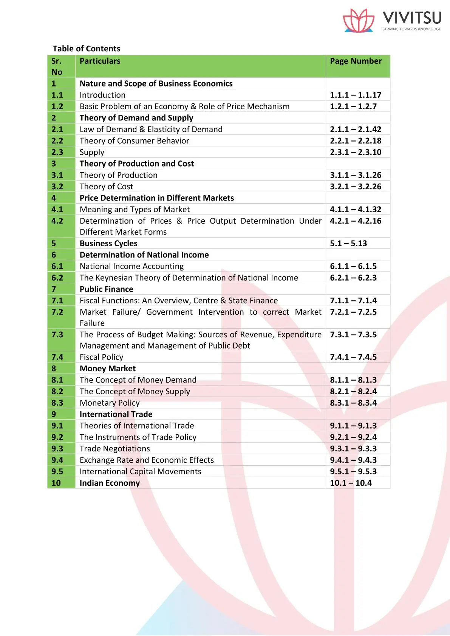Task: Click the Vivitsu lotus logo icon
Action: (x=358, y=20)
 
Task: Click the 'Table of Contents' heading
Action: (x=87, y=49)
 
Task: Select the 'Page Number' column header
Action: (x=356, y=61)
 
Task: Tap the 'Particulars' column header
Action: (x=100, y=61)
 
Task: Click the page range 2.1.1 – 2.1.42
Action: (x=356, y=130)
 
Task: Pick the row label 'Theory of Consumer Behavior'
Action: (x=134, y=141)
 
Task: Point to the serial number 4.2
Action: (x=57, y=221)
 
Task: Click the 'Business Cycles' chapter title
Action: (x=108, y=244)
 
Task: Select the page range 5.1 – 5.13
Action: (x=348, y=244)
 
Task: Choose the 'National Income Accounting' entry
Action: (x=131, y=266)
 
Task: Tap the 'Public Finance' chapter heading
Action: (x=106, y=289)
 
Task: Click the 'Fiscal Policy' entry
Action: (x=101, y=357)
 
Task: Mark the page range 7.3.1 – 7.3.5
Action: (x=353, y=335)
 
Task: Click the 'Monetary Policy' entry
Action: (x=110, y=403)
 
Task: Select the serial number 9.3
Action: (x=57, y=449)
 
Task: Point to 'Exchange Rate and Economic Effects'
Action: (x=147, y=460)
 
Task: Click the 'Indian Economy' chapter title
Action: (x=110, y=483)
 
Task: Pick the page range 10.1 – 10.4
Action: (x=351, y=483)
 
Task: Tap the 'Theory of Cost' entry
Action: (x=106, y=187)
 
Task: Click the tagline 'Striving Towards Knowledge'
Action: (x=411, y=29)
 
